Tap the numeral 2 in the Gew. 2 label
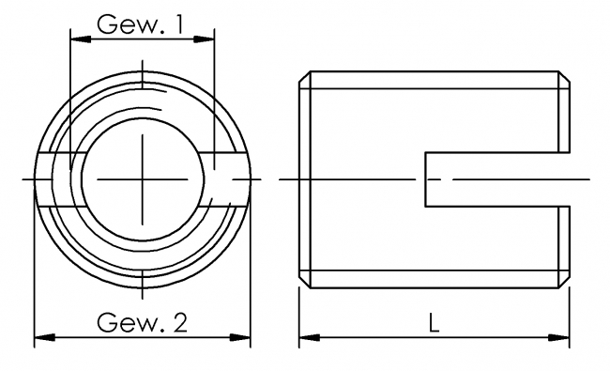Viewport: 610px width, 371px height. pos(179,324)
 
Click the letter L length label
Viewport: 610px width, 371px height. pos(434,324)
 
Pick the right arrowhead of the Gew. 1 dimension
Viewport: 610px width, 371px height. pos(208,39)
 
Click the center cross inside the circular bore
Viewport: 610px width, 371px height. pos(142,178)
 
